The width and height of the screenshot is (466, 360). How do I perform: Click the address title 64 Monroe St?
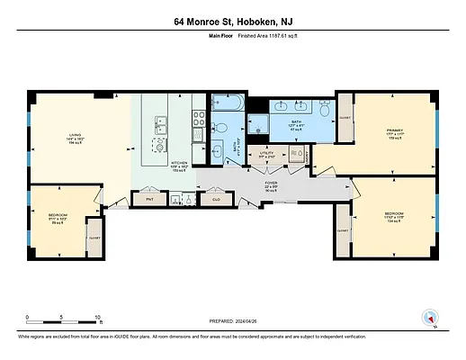(233, 21)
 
